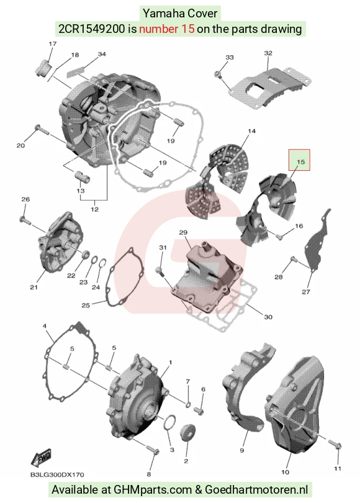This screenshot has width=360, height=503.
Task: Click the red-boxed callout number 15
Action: tap(300, 161)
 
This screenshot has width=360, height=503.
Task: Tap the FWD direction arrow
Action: tap(41, 458)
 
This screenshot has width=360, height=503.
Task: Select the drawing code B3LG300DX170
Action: tap(57, 475)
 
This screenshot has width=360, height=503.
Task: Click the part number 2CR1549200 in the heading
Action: tap(91, 29)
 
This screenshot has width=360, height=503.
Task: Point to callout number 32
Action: tap(268, 53)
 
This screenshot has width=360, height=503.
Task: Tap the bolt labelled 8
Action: tap(153, 449)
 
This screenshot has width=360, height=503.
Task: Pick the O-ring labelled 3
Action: tap(169, 422)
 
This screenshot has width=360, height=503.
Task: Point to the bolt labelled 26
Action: tap(25, 220)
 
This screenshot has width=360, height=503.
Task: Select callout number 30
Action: tap(268, 317)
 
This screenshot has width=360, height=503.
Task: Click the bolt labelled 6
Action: tap(199, 410)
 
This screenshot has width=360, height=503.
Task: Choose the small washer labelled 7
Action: tap(189, 403)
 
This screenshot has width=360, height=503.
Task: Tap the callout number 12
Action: tap(94, 209)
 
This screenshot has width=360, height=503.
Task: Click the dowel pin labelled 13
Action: tap(83, 176)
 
